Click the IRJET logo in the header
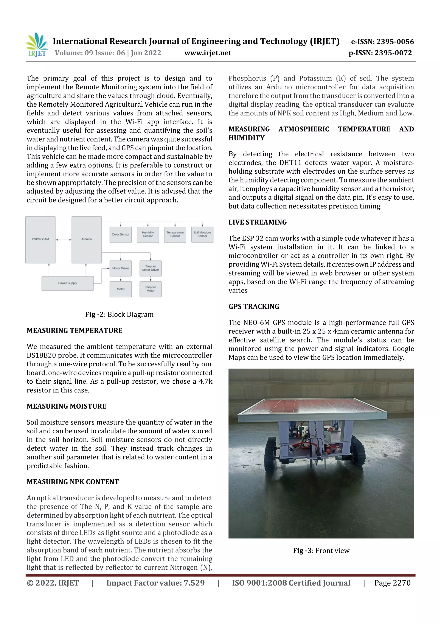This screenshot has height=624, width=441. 37,45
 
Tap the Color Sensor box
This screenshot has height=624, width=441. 121,234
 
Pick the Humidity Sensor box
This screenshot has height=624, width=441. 148,234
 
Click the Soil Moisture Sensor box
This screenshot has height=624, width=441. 202,234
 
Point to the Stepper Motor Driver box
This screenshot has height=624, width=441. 151,268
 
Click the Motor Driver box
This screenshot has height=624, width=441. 121,268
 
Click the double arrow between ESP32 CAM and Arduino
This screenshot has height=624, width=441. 63,240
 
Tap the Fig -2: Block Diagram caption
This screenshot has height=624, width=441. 119,314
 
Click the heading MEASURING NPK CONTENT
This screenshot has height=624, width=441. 73,482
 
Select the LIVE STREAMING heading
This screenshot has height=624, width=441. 257,222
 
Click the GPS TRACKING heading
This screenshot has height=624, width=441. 253,307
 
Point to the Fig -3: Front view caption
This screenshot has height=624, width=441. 321,551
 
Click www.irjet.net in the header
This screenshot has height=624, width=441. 208,53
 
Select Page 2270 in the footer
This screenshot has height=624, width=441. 392,583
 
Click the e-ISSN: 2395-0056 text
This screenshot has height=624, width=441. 382,42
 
